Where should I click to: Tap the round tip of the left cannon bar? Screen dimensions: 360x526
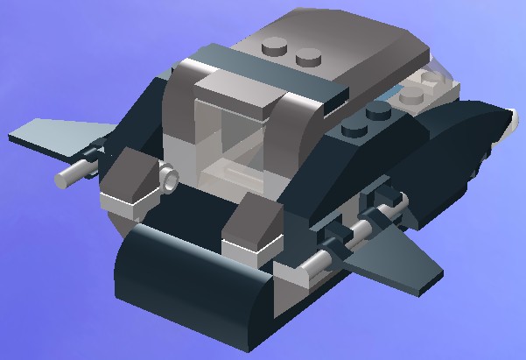point(63,179)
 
